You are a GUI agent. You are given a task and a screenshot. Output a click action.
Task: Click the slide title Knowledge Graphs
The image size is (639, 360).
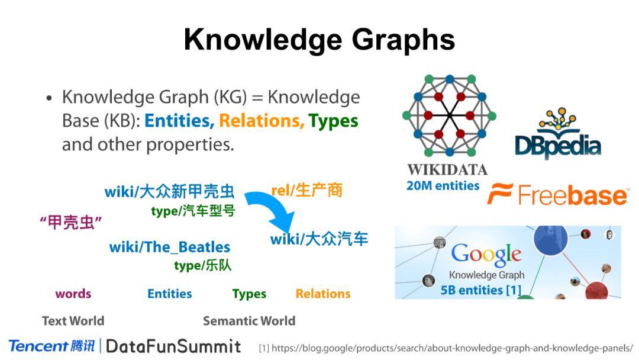click(319, 40)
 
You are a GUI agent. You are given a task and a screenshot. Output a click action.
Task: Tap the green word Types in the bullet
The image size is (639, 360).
click(333, 121)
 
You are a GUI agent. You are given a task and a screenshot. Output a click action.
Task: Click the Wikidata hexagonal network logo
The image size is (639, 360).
click(449, 115)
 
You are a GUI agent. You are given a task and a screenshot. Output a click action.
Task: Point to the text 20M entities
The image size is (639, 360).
click(443, 186)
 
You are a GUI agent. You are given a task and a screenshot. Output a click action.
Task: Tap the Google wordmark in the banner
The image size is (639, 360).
click(486, 254)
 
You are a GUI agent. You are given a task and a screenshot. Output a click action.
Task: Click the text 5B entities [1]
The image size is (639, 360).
click(480, 290)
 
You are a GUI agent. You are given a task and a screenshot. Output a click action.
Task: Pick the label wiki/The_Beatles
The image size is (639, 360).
click(170, 247)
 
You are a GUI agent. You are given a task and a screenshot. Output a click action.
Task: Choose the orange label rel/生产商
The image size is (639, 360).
click(306, 191)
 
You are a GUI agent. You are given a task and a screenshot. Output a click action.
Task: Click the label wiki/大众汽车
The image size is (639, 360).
click(319, 239)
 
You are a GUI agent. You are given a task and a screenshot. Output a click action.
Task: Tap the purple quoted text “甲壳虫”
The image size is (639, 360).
click(71, 223)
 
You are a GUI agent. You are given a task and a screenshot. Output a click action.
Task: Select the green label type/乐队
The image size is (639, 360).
click(202, 266)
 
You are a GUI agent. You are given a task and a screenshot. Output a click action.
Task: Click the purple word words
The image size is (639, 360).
click(73, 294)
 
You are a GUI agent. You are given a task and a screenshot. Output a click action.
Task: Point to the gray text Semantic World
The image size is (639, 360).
click(249, 321)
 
